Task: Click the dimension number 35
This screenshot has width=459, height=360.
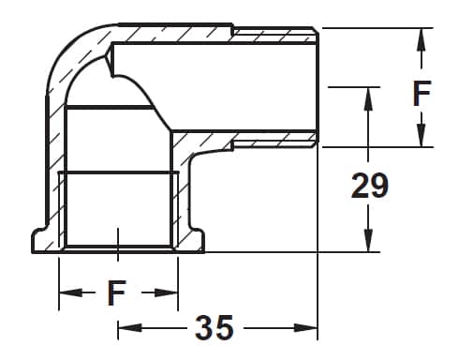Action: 215,327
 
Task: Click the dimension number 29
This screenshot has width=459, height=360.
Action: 370,186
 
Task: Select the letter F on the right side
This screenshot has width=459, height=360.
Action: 422,93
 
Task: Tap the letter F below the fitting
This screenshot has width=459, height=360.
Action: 116,292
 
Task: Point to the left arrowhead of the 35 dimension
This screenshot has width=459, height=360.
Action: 129,328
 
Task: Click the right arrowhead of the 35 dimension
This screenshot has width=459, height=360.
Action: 305,328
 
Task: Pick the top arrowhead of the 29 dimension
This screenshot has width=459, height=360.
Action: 368,98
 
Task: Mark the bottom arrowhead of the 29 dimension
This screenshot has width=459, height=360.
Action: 368,240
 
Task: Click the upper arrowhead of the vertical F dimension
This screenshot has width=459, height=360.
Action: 422,39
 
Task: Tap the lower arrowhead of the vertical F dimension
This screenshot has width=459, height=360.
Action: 422,135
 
